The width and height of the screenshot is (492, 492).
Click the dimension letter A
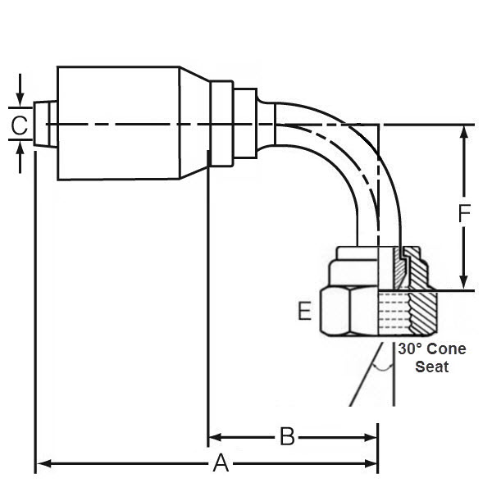(221, 464)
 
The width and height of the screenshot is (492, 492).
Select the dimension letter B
(286, 436)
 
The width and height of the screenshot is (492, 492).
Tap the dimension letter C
(20, 125)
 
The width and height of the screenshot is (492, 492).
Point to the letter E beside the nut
(304, 312)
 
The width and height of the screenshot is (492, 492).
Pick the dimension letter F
(464, 215)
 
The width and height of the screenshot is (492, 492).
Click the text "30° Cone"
(431, 349)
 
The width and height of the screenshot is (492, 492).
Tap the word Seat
(431, 367)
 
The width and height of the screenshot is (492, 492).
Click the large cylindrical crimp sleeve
(119, 123)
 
